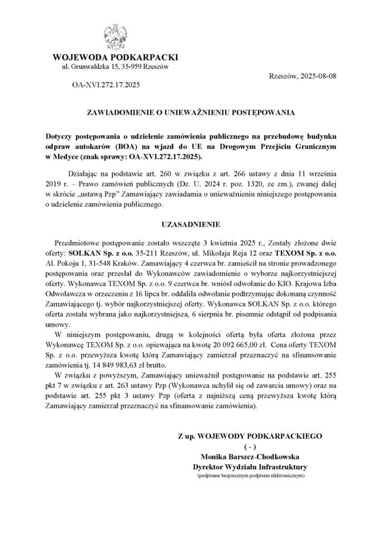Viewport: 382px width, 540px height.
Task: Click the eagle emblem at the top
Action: pos(116,36)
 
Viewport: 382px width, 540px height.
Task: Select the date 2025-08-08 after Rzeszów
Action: pos(318,75)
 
